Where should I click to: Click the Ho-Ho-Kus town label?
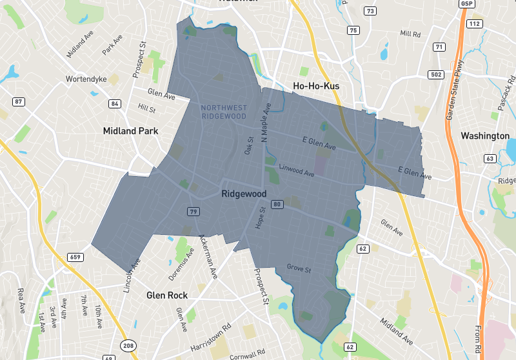pyautogui.click(x=316, y=86)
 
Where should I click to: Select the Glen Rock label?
pyautogui.click(x=166, y=295)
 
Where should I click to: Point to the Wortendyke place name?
pyautogui.click(x=83, y=80)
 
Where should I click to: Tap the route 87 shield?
pyautogui.click(x=19, y=102)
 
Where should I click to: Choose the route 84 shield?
pyautogui.click(x=115, y=103)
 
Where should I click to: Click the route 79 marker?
pyautogui.click(x=193, y=211)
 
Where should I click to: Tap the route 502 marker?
pyautogui.click(x=436, y=75)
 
